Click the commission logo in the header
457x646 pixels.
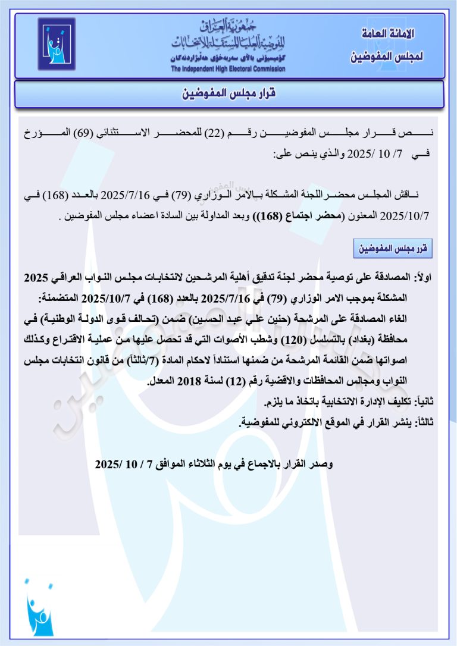tap(57, 44)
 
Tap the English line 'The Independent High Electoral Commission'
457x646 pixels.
tap(228, 69)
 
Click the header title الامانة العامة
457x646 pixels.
tap(387, 33)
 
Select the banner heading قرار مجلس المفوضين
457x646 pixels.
tap(229, 94)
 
